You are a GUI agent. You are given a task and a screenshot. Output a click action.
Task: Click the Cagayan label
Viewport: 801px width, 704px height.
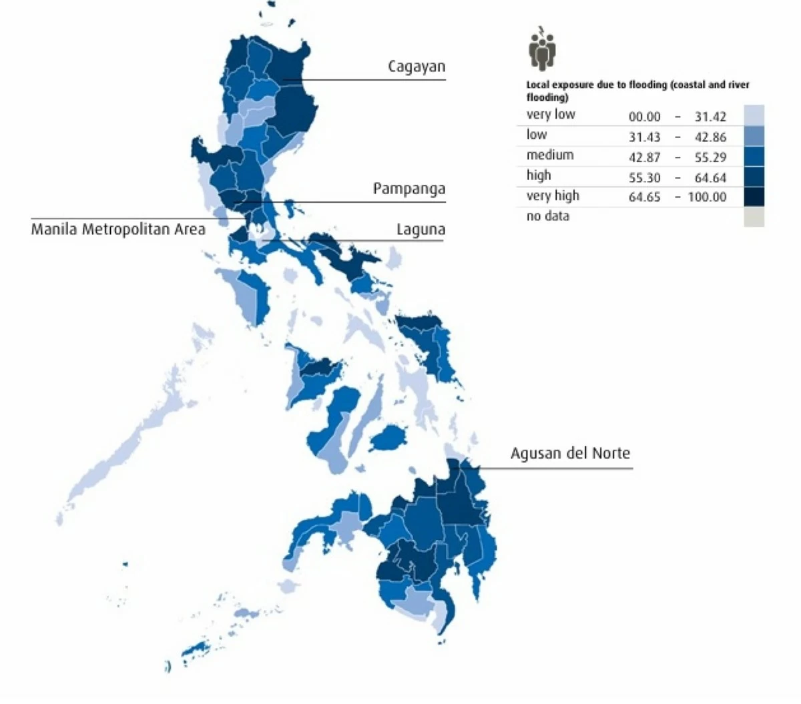[417, 67]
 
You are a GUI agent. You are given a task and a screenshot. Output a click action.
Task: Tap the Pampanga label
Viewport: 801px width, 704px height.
[409, 189]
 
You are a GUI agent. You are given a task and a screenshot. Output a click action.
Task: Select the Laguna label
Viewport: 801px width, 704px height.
[421, 230]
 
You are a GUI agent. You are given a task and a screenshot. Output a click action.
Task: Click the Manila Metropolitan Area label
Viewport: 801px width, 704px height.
[118, 230]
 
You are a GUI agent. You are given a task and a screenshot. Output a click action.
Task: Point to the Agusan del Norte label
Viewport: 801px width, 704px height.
[570, 454]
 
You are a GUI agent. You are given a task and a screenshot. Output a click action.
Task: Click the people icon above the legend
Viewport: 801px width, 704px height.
[543, 49]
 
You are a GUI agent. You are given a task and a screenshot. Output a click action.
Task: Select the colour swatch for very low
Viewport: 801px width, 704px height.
[754, 115]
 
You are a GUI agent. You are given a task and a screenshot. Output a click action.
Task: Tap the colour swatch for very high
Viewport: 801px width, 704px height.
[754, 197]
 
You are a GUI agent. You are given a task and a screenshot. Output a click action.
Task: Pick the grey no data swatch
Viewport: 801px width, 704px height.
[754, 217]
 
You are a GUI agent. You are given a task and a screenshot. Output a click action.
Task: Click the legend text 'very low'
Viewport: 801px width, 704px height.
[551, 115]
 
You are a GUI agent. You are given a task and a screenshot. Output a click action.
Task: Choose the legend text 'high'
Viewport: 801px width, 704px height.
[539, 175]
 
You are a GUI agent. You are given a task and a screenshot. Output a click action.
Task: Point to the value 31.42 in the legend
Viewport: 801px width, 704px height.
[710, 117]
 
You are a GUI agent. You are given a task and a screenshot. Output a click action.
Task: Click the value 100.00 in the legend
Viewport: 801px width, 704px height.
[707, 198]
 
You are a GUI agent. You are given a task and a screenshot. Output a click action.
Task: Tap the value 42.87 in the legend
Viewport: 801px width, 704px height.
[644, 157]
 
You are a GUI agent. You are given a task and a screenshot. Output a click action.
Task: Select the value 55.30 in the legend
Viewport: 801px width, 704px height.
[644, 178]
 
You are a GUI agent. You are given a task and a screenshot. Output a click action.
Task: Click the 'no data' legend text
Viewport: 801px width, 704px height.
[547, 216]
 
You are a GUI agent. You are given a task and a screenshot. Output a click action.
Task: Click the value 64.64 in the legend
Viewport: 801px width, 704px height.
[710, 178]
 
